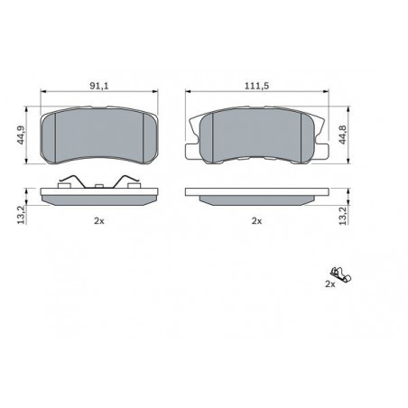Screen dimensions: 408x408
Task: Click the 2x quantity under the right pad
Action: tap(256, 220)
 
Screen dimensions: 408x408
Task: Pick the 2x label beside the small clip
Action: tap(330, 283)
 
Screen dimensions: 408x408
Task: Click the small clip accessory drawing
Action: tap(338, 271)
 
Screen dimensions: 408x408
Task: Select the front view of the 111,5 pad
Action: tap(256, 134)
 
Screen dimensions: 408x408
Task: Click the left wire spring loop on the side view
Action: tap(66, 183)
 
